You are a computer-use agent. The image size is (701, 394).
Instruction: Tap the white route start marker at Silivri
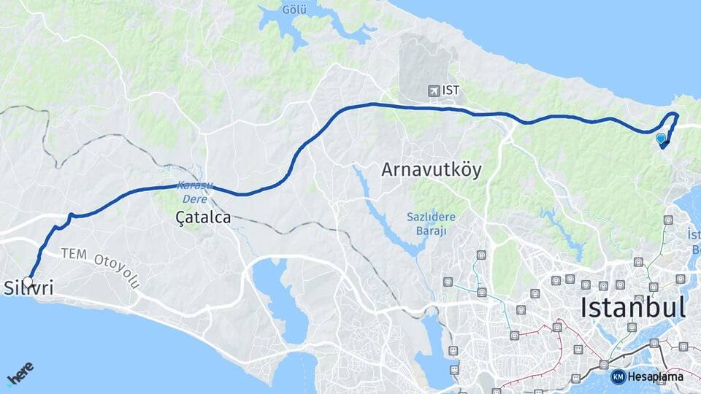click(28, 281)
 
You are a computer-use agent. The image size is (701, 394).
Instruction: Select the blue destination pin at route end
click(661, 138)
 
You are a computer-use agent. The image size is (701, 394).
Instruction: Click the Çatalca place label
click(203, 217)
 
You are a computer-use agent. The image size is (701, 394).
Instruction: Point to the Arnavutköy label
click(432, 170)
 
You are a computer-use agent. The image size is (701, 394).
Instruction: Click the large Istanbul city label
click(633, 307)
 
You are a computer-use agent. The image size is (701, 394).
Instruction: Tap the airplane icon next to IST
click(434, 90)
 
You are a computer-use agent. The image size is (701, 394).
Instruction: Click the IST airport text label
click(451, 90)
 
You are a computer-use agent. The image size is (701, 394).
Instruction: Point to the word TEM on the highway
click(73, 254)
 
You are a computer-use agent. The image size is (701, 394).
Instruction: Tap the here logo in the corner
click(20, 374)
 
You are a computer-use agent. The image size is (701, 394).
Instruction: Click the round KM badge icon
click(618, 376)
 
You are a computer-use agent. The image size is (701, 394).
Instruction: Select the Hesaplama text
click(655, 376)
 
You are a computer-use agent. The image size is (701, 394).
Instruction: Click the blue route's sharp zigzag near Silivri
click(69, 217)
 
